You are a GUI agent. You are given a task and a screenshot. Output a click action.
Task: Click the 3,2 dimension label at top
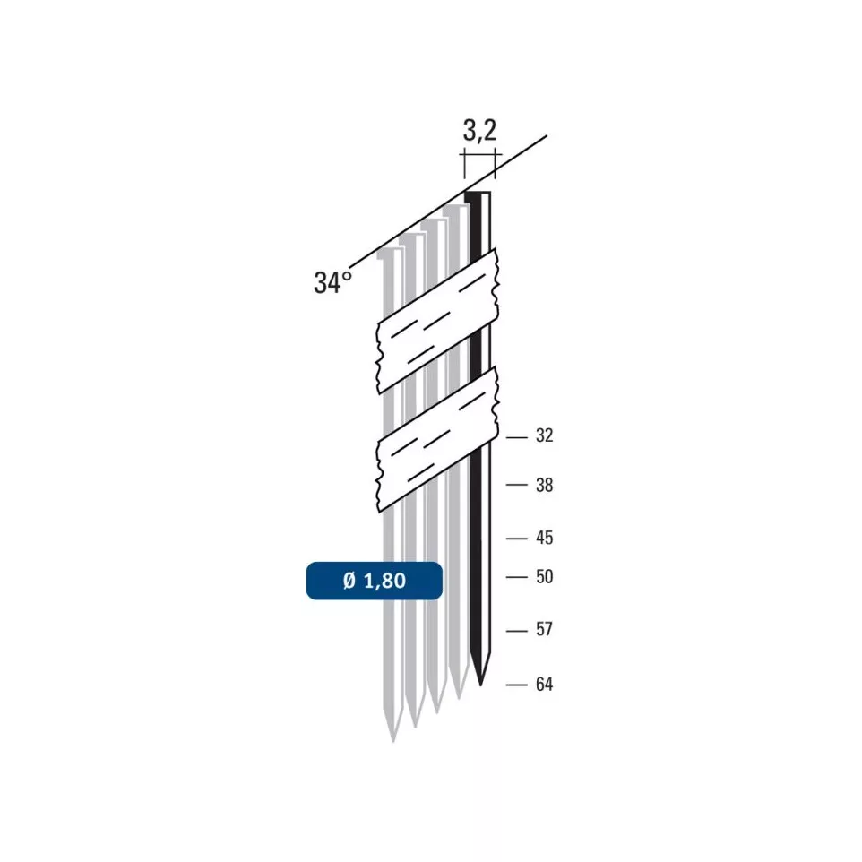click(479, 132)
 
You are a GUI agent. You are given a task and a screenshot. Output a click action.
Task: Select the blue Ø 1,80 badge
click(374, 581)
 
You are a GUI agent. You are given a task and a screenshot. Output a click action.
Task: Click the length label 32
click(544, 436)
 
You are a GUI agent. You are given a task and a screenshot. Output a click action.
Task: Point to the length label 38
click(544, 486)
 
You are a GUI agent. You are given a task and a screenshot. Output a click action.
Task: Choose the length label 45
click(544, 538)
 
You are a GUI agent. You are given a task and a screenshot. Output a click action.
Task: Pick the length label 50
click(544, 577)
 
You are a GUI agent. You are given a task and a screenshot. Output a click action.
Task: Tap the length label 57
click(544, 630)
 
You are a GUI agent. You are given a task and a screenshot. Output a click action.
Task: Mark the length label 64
click(544, 685)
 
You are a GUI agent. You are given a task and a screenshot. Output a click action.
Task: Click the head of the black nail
click(478, 194)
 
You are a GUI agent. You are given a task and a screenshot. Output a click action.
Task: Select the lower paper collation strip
click(436, 439)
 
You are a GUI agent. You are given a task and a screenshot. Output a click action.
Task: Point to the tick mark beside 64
click(516, 685)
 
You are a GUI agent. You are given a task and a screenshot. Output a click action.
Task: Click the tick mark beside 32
click(516, 437)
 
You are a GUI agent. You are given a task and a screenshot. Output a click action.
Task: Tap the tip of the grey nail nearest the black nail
click(460, 695)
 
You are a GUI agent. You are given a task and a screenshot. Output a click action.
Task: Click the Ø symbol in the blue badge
click(349, 581)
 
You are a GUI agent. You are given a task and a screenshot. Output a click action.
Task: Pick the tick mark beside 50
click(516, 577)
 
